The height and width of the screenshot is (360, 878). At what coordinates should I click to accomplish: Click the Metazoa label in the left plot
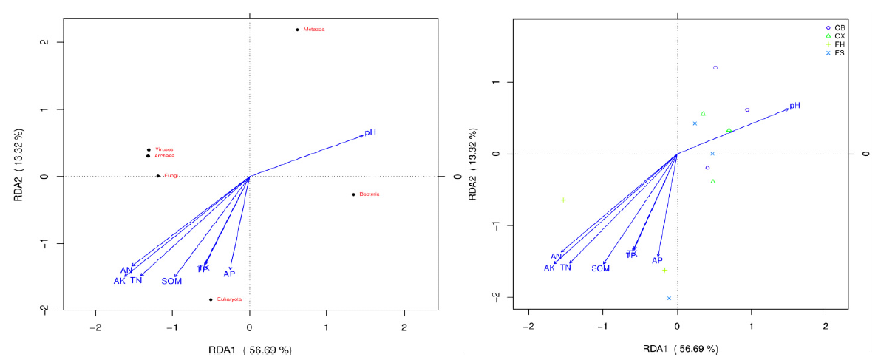[x=314, y=30]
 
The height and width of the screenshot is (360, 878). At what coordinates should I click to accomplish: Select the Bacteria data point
[x=353, y=194]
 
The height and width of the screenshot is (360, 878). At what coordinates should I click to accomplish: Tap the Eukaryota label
[x=229, y=299]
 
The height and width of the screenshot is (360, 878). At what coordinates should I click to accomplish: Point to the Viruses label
[x=163, y=149]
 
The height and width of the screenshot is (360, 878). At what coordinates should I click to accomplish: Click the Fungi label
[x=171, y=176]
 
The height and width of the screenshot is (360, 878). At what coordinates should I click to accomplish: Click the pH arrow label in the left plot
[x=370, y=132]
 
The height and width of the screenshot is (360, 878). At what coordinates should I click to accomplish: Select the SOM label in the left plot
[x=171, y=281]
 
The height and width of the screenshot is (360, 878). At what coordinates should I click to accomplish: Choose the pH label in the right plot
[x=794, y=106]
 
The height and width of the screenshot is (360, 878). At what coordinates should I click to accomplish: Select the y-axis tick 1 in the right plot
[x=488, y=82]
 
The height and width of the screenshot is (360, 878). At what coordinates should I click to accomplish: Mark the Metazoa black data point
[x=297, y=30]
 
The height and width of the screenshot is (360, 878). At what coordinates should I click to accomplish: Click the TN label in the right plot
[x=565, y=268]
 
